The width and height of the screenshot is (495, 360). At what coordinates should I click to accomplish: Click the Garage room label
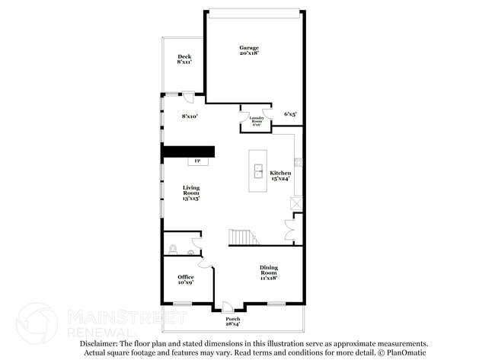click(x=249, y=50)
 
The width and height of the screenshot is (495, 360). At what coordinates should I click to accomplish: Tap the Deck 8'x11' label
click(x=184, y=59)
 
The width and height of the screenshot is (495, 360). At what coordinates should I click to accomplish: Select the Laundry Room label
click(x=257, y=119)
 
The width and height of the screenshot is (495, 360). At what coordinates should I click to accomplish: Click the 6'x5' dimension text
click(x=290, y=113)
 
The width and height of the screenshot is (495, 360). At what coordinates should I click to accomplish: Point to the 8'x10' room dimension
click(x=189, y=116)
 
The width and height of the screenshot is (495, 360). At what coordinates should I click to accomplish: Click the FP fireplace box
click(x=197, y=161)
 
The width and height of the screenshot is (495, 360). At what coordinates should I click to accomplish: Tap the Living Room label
click(x=190, y=193)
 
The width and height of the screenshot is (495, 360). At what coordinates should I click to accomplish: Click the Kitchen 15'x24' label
click(x=280, y=176)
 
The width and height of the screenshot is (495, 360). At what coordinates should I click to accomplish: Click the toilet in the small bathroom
click(x=174, y=248)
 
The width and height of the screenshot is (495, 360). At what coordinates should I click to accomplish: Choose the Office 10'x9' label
click(x=185, y=279)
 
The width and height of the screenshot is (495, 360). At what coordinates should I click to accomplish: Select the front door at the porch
click(x=227, y=307)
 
